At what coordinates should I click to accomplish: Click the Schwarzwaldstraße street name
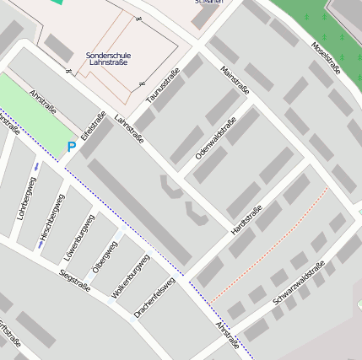pos(300,283)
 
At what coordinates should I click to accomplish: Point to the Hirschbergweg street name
pos(51,216)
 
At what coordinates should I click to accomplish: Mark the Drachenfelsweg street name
pos(154,298)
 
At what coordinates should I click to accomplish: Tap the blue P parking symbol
pos(72,148)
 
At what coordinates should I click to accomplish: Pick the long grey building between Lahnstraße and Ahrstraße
pos(140,211)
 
